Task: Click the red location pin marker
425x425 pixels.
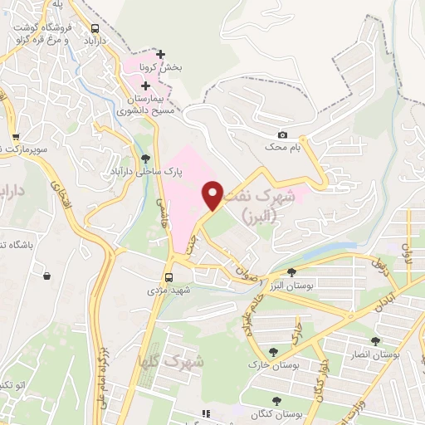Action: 213,195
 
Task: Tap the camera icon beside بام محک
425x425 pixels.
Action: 282,135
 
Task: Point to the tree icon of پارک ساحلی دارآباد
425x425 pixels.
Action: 146,157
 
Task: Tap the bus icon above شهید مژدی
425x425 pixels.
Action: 169,277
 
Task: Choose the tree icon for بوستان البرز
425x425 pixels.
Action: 291,271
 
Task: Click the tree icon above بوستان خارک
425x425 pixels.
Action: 274,351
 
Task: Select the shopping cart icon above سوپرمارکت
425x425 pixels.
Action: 15,137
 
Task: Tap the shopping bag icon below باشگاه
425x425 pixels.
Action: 46,276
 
